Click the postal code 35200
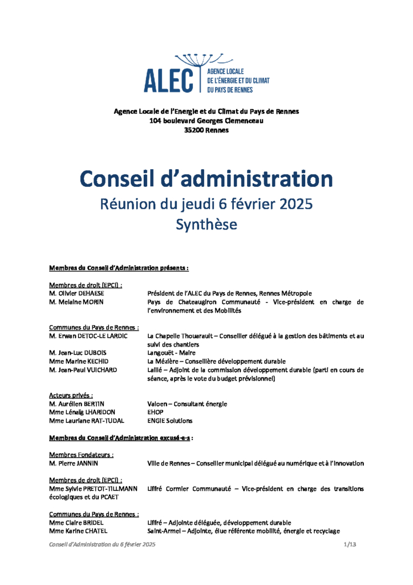click(x=195, y=130)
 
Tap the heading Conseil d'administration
click(x=206, y=179)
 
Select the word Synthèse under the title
click(x=206, y=225)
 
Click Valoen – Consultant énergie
click(x=187, y=404)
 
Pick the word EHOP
click(x=156, y=412)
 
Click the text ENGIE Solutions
click(x=169, y=421)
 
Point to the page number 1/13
click(x=350, y=545)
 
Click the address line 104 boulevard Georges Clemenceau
click(x=206, y=121)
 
